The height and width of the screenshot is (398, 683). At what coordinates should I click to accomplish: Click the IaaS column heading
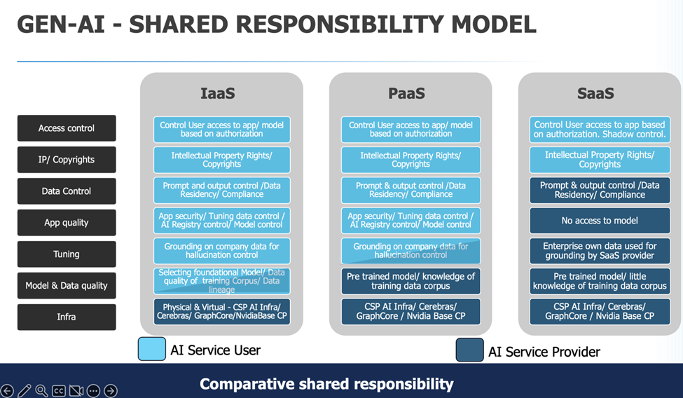coord(221,93)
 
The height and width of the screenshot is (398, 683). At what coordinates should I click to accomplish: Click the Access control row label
coord(67,128)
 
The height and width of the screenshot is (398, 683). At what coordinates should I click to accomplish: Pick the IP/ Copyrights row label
coord(67,160)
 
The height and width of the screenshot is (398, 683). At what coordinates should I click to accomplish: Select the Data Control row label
coord(67,191)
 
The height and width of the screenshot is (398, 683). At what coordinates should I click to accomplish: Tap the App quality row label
coord(67,223)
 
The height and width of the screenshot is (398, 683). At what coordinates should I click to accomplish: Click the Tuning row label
coord(67,254)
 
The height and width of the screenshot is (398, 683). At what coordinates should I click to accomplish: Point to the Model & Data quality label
coord(67,286)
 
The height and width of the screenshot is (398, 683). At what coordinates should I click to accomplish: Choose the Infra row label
coord(67,317)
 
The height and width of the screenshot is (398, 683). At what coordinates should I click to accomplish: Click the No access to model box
coord(600,221)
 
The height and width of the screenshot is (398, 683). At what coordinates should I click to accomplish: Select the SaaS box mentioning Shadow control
coord(600,130)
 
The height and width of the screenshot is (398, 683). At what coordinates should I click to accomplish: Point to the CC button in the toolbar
coord(59,391)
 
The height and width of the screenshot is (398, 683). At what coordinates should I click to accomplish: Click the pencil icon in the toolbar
coord(25,391)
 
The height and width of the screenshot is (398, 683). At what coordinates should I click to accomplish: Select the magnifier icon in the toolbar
coord(41,391)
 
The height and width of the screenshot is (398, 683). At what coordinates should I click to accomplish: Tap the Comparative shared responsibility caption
coord(326,384)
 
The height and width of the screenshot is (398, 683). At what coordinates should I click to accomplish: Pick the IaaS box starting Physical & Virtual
coord(221,312)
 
